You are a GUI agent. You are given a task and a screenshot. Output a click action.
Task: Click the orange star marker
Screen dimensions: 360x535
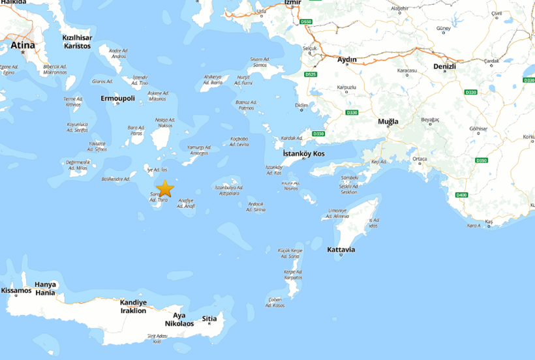165,189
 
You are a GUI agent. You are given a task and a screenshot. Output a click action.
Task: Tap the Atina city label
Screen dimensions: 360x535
22,46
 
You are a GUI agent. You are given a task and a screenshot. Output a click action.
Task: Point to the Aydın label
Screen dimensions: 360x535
346,60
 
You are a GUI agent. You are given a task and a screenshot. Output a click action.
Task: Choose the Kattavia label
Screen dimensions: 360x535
341,250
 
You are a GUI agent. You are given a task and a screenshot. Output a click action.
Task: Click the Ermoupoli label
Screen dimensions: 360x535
117,98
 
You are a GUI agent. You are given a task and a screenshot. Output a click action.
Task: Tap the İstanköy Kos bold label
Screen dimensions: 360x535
303,154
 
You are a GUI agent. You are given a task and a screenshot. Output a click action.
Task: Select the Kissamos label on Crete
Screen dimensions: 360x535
16,290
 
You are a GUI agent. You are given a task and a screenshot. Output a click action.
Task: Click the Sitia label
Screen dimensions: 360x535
209,319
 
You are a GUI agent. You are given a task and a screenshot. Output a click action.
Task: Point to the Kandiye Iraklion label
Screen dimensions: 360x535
133,307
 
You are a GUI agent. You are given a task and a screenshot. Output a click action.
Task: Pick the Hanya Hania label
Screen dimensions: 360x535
45,288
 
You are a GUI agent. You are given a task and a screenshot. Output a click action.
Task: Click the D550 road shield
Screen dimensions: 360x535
307,22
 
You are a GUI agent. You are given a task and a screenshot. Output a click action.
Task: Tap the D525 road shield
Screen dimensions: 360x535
311,75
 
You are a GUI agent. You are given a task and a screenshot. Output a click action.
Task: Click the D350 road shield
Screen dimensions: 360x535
481,160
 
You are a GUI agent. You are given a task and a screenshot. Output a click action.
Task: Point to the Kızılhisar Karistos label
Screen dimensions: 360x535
77,42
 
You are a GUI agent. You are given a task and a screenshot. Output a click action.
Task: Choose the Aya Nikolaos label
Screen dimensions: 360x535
179,320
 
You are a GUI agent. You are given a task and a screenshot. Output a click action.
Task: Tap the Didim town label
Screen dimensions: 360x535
301,106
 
